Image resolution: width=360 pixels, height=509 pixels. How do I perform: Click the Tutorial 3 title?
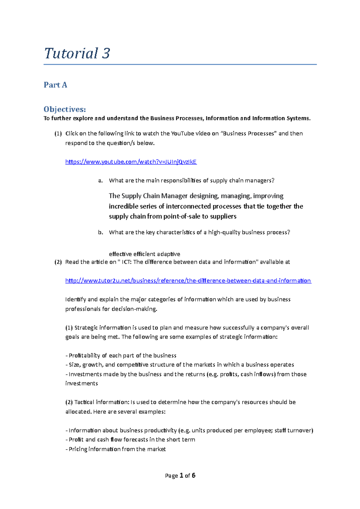(77, 54)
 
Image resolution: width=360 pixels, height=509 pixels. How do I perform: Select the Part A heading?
(55, 85)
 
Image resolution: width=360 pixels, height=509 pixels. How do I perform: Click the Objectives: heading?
(64, 109)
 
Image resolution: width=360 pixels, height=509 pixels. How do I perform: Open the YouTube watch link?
(131, 162)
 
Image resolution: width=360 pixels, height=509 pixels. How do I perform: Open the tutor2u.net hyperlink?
(188, 281)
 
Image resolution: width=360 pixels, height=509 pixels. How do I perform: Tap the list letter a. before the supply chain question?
(100, 180)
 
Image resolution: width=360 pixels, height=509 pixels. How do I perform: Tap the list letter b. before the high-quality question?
(100, 232)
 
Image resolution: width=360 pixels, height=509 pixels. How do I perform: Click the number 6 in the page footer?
(193, 475)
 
